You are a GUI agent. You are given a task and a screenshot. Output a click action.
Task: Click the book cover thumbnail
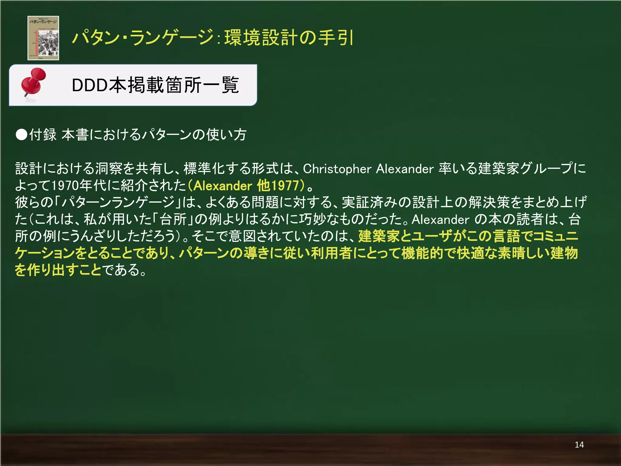[x=43, y=38]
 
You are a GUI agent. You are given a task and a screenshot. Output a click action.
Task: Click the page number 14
[x=579, y=445]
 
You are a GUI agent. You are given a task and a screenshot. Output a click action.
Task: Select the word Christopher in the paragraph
[x=337, y=169]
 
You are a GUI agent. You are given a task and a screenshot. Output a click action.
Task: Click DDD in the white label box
[x=89, y=85]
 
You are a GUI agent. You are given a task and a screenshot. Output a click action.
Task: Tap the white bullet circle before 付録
[x=22, y=135]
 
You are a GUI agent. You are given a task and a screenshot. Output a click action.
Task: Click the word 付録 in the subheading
[x=43, y=135]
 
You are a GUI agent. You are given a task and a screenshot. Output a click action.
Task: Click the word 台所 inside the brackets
[x=173, y=219]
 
